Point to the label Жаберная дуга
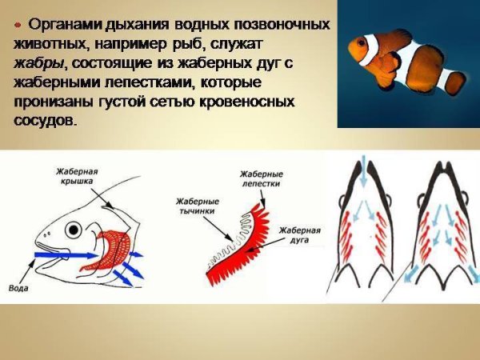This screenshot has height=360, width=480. pos(300,235)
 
